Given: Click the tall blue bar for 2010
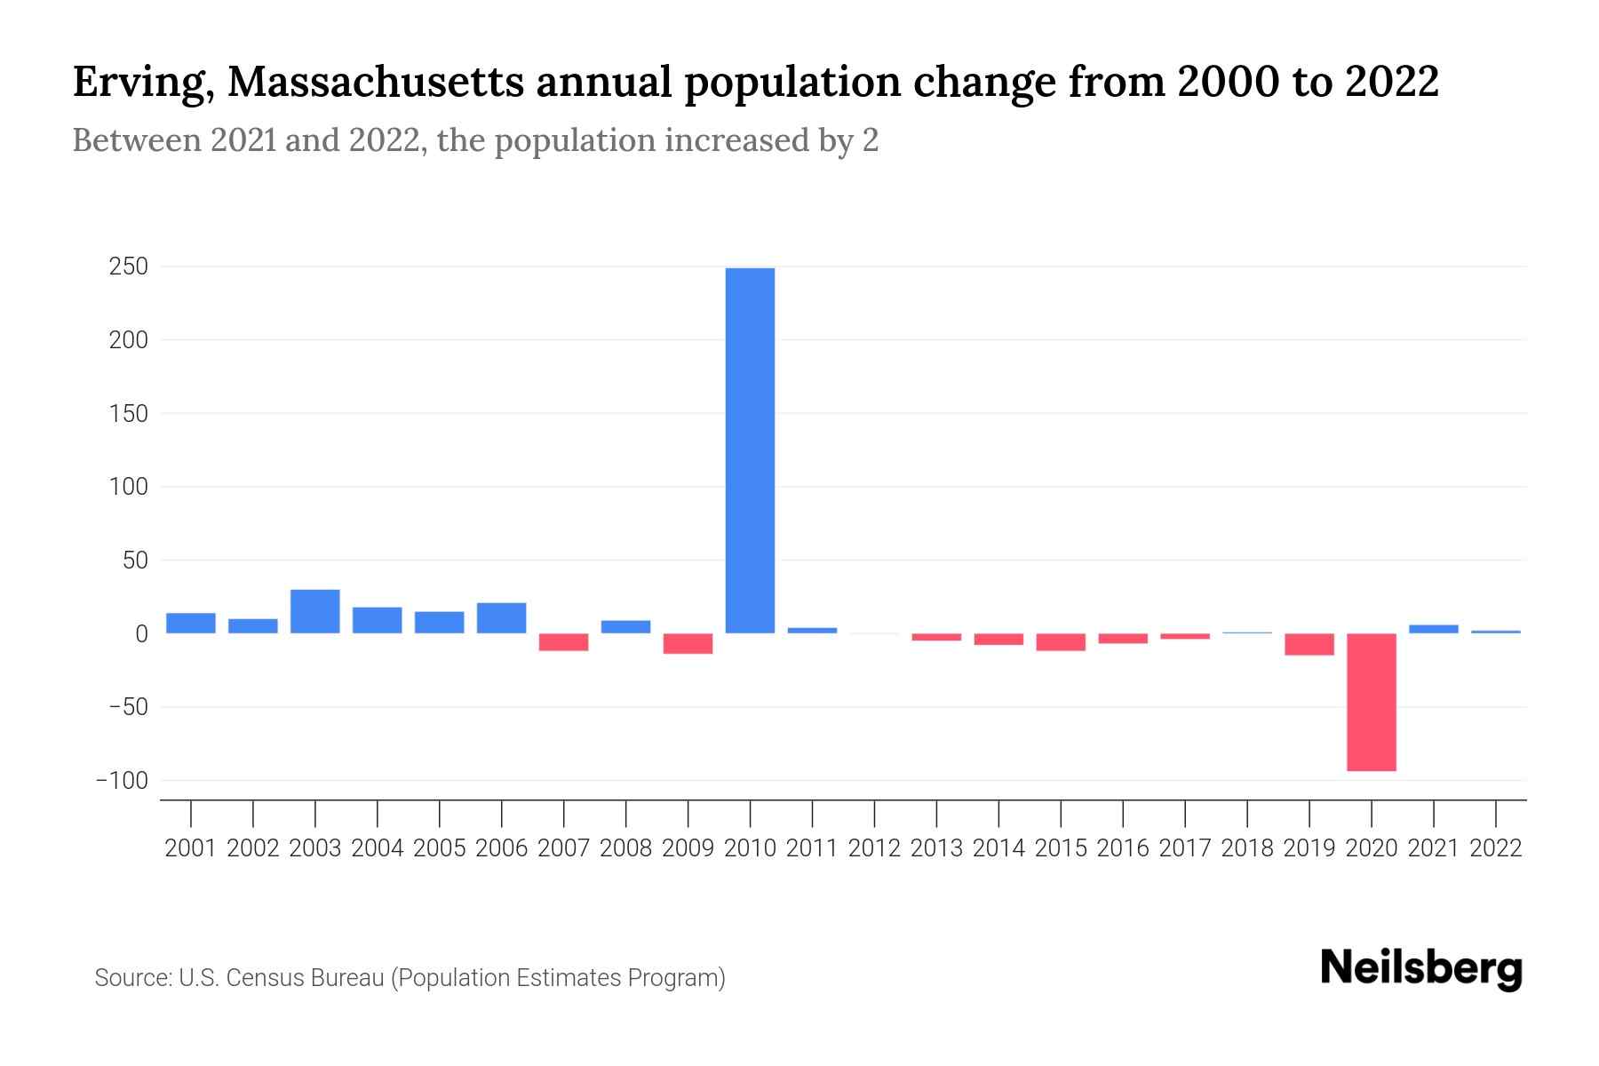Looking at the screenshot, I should click(x=750, y=450).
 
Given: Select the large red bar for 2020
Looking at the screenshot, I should click(x=1371, y=702).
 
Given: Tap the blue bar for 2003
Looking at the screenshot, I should click(x=315, y=611).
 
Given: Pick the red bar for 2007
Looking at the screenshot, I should click(x=564, y=642).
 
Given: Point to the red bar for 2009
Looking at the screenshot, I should click(x=688, y=644).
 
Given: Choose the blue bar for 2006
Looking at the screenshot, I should click(x=502, y=618).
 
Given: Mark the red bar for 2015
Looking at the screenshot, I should click(x=1061, y=642).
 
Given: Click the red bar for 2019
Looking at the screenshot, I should click(x=1309, y=644).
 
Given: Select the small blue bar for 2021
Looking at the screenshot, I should click(x=1433, y=629).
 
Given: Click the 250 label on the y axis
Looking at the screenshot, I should click(x=129, y=266).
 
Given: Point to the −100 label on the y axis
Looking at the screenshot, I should click(x=122, y=781).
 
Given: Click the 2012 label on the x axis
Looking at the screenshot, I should click(x=874, y=848).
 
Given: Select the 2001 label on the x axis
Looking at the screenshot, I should click(x=191, y=848).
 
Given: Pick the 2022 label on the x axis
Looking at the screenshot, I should click(x=1496, y=848).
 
